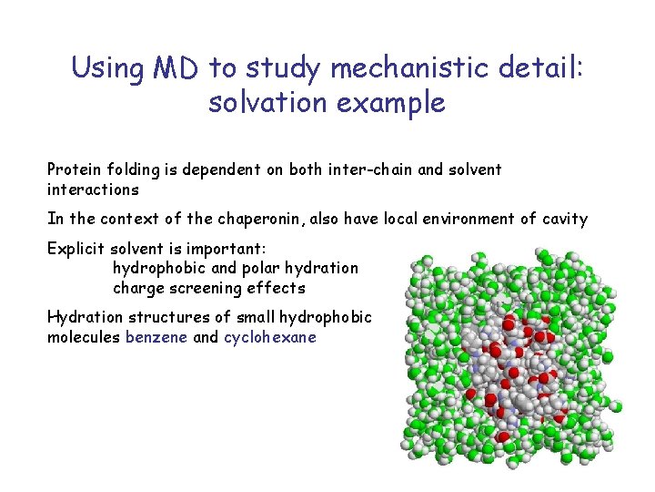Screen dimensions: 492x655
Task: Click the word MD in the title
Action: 176,67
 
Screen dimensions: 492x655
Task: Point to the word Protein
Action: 76,169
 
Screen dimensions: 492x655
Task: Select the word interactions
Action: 93,190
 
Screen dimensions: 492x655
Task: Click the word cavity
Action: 564,219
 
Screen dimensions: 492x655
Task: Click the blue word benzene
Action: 156,337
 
